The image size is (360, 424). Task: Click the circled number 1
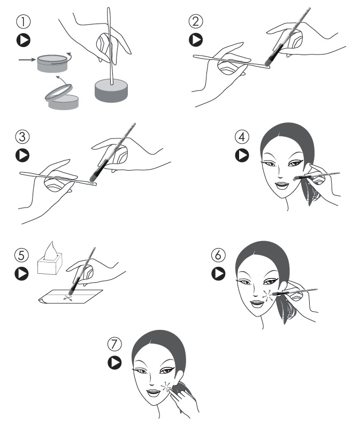24,21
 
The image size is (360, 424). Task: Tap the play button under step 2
196,40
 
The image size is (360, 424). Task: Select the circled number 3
22,136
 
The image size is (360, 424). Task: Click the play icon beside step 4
242,156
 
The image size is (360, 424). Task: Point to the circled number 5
21,255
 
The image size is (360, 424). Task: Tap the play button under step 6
219,273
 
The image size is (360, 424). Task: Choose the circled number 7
114,344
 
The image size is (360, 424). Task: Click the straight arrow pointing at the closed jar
27,59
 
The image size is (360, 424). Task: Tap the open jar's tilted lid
59,92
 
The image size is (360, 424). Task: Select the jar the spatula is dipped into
111,90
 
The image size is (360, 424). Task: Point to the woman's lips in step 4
282,186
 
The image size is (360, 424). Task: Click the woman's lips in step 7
154,392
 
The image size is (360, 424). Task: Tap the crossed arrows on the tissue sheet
67,298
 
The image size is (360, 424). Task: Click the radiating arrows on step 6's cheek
268,295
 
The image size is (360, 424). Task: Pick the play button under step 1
24,40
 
